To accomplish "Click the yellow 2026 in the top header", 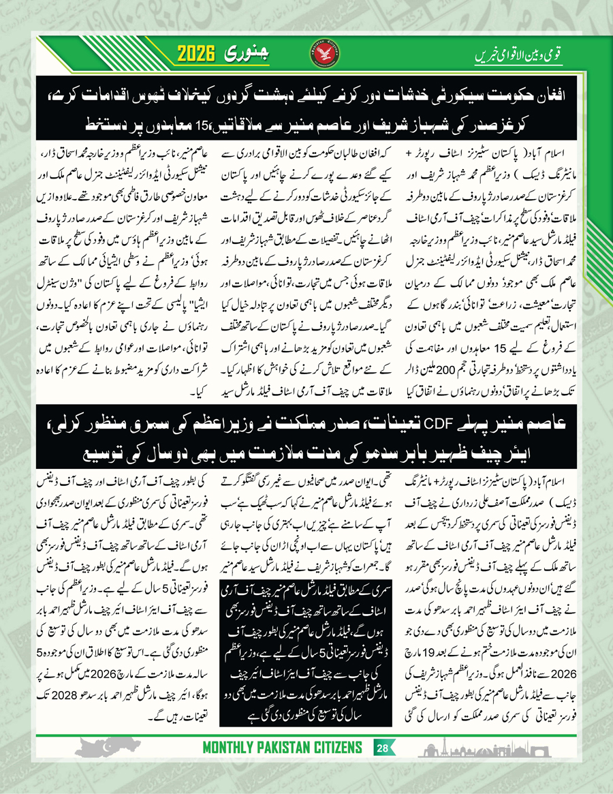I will tap(202, 54).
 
